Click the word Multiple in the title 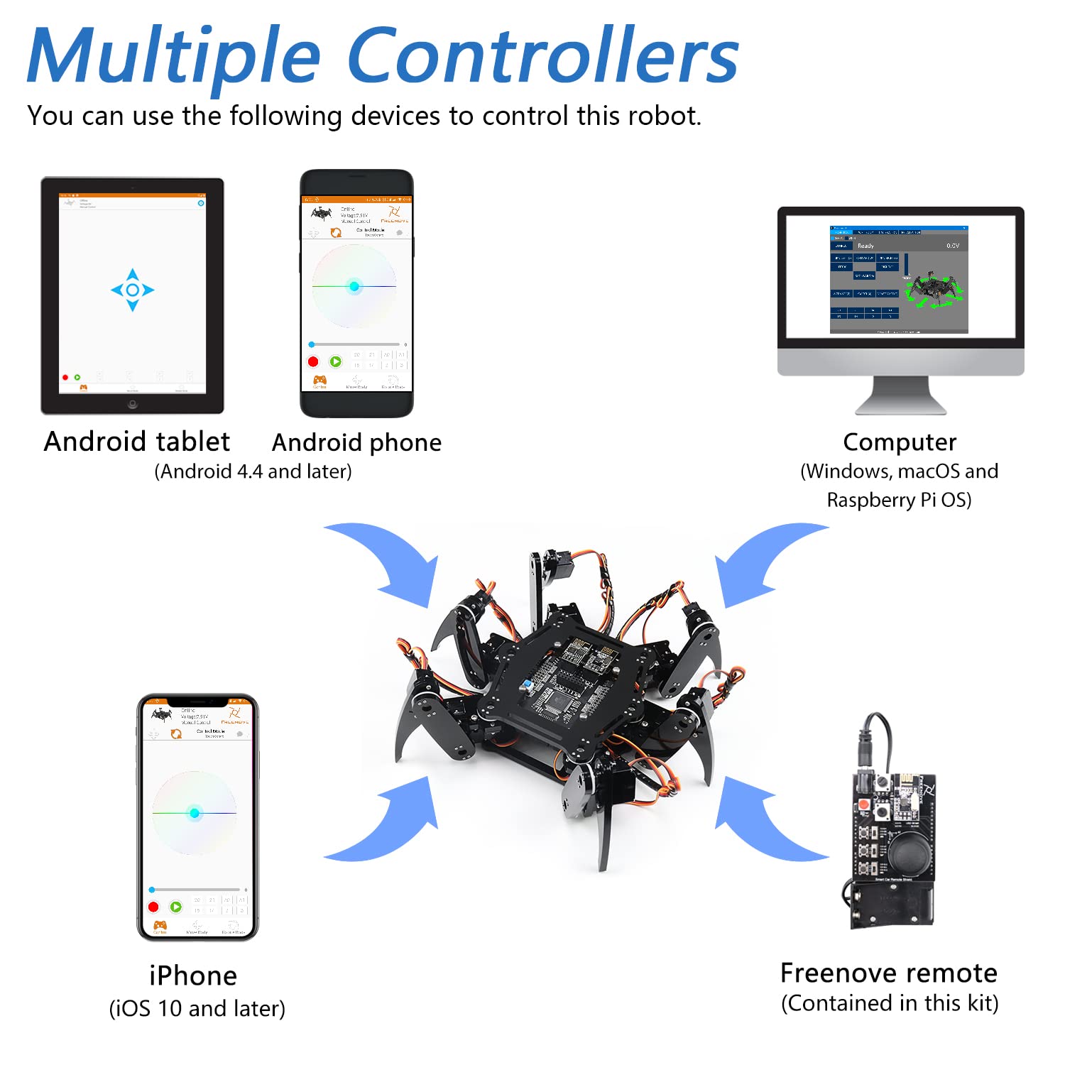click(x=174, y=57)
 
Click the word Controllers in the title click(x=543, y=57)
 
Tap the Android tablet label click(x=137, y=442)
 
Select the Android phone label click(x=356, y=442)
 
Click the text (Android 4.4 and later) click(x=253, y=471)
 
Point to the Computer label click(x=900, y=442)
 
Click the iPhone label click(x=193, y=976)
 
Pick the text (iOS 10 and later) click(x=197, y=1008)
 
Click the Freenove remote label click(x=889, y=973)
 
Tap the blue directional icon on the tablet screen click(x=132, y=290)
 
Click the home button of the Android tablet click(x=132, y=404)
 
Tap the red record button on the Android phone click(x=313, y=361)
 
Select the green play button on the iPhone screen click(x=175, y=907)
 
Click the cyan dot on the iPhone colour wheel click(x=195, y=813)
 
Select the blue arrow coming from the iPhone click(x=387, y=824)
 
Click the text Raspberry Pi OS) click(x=899, y=500)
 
